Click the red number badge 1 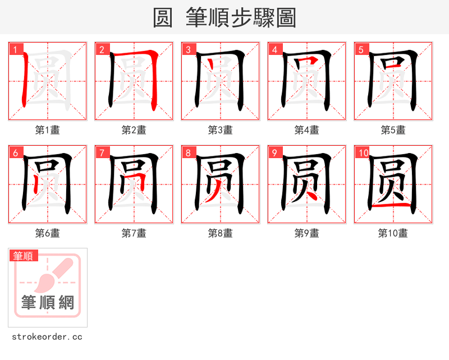15,49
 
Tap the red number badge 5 361,49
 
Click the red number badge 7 102,153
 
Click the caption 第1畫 47,130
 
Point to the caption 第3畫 220,130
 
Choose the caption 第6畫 47,233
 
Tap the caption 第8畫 220,233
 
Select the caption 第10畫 393,233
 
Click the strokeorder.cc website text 47,337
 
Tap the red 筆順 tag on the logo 24,256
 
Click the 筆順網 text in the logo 48,302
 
